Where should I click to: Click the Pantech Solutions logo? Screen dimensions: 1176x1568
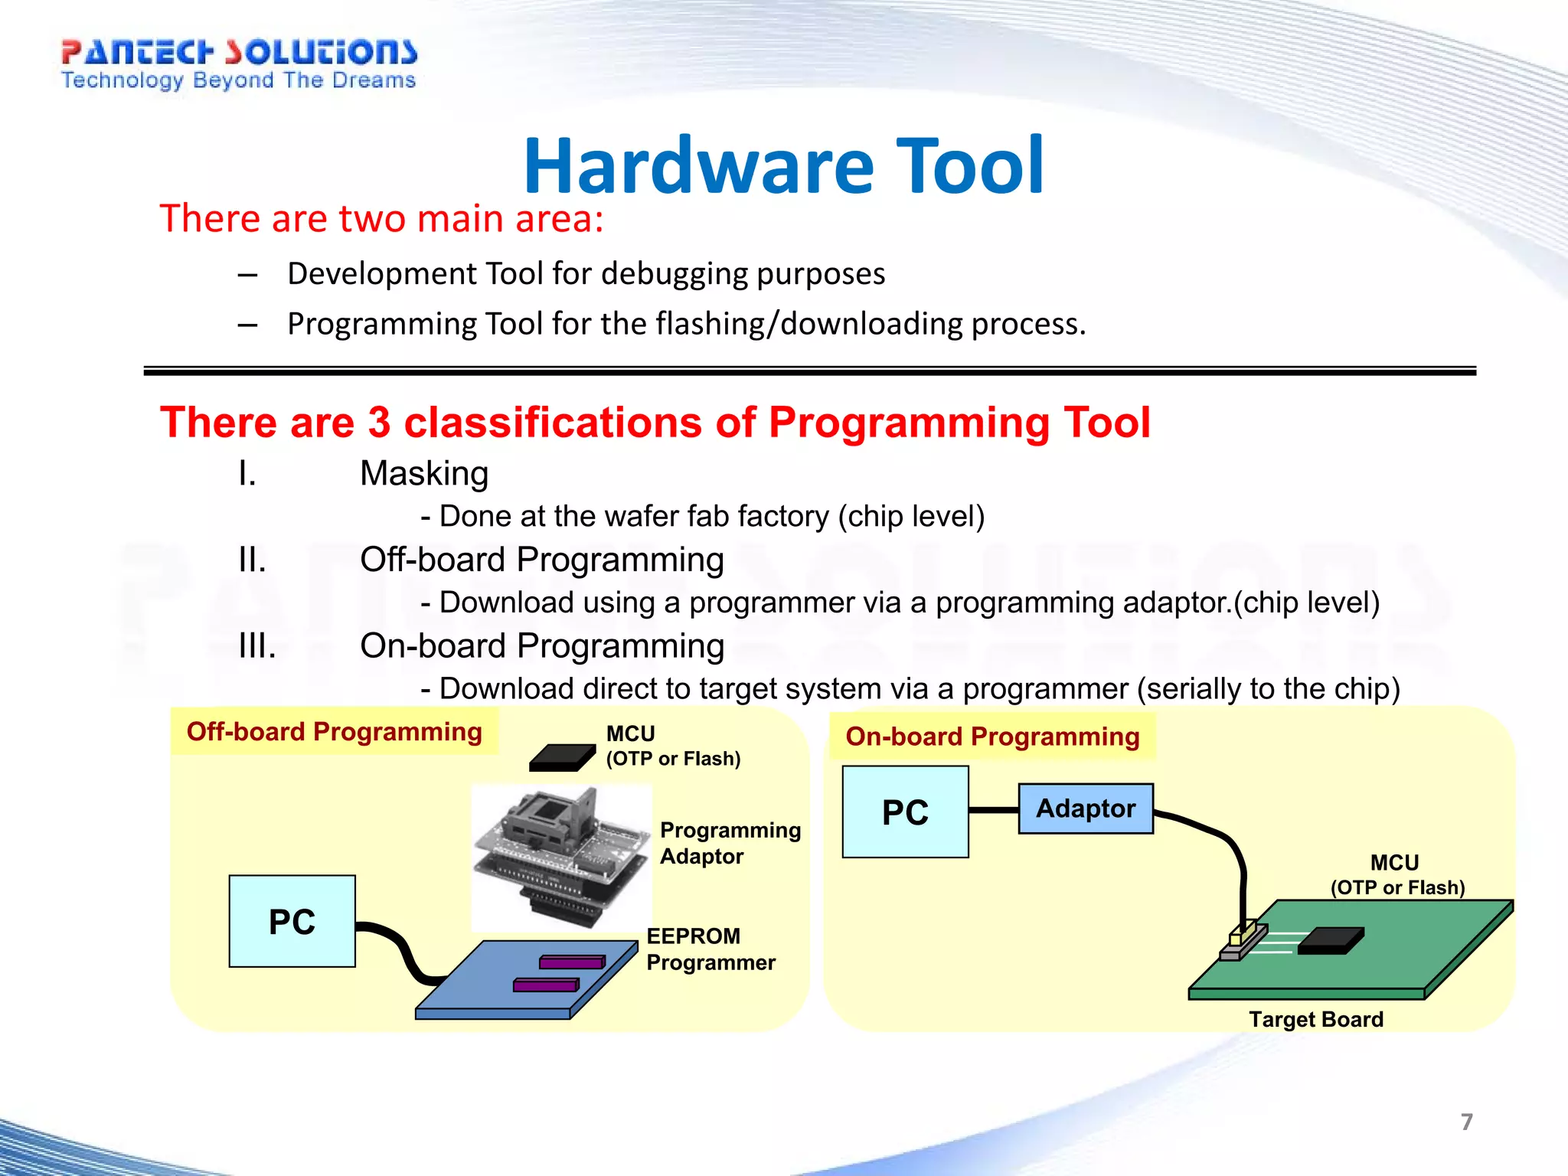pyautogui.click(x=239, y=64)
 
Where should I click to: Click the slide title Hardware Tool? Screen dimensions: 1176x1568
pyautogui.click(x=783, y=166)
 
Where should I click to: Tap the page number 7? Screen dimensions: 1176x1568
pyautogui.click(x=1466, y=1122)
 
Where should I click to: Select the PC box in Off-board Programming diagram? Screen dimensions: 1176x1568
pyautogui.click(x=292, y=921)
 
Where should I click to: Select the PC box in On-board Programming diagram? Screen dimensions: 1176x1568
pyautogui.click(x=905, y=812)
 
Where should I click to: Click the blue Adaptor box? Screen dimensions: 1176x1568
pyautogui.click(x=1085, y=808)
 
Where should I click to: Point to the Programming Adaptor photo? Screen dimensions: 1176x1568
pyautogui.click(x=561, y=856)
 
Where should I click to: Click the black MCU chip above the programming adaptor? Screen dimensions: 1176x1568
pyautogui.click(x=561, y=757)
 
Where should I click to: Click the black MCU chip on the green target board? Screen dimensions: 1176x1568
pyautogui.click(x=1330, y=940)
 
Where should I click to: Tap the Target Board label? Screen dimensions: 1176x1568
pyautogui.click(x=1315, y=1019)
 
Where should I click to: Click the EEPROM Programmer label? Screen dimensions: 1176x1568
pyautogui.click(x=710, y=949)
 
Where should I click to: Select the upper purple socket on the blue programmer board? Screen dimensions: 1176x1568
pyautogui.click(x=572, y=962)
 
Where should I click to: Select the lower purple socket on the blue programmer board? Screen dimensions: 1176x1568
pyautogui.click(x=546, y=985)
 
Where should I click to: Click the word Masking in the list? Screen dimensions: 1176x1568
pyautogui.click(x=424, y=473)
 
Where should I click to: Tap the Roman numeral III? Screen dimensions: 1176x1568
pyautogui.click(x=256, y=646)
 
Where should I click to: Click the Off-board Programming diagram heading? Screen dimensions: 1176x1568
pyautogui.click(x=334, y=731)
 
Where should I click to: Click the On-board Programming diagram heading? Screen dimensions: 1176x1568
pyautogui.click(x=992, y=736)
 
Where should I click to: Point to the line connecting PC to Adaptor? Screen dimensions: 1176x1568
pyautogui.click(x=993, y=810)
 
